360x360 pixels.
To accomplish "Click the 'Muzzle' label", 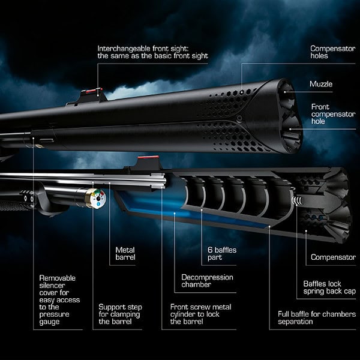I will coord(320,85).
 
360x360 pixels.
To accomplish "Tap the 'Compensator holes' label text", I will coord(332,53).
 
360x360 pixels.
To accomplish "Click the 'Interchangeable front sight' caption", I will coord(152,52).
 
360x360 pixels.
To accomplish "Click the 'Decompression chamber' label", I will coord(207,281).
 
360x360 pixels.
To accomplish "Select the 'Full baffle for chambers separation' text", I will coord(316,317).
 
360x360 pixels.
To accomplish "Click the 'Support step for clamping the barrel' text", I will coord(120,314).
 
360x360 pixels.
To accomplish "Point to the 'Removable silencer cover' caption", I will coord(59,300).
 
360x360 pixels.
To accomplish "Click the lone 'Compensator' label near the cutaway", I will coord(332,257).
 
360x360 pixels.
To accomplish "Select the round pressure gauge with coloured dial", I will coord(95,198).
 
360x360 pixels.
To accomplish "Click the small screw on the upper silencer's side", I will coord(239,118).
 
